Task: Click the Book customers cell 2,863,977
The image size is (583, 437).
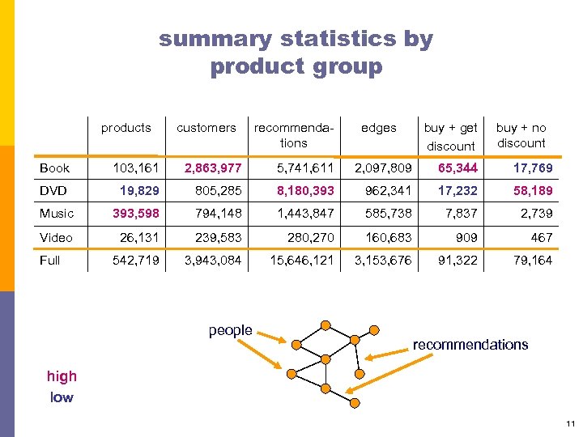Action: (x=213, y=168)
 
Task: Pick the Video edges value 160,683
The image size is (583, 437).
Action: (x=385, y=237)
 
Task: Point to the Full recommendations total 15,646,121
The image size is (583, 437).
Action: (x=288, y=260)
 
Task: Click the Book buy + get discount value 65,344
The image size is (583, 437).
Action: (x=457, y=168)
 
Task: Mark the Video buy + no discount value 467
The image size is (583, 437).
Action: (x=541, y=237)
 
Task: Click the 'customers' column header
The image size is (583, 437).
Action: (x=206, y=128)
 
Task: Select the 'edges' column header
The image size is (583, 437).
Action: (x=378, y=128)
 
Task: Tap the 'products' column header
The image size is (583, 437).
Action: (x=126, y=128)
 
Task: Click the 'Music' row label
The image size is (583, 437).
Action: (x=57, y=214)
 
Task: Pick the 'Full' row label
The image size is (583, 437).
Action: (x=50, y=260)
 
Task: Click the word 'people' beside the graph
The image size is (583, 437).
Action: (x=230, y=330)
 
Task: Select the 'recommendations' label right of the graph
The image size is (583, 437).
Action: (x=470, y=345)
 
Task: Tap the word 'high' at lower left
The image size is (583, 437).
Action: (x=62, y=375)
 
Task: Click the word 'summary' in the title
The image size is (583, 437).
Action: (x=215, y=39)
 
